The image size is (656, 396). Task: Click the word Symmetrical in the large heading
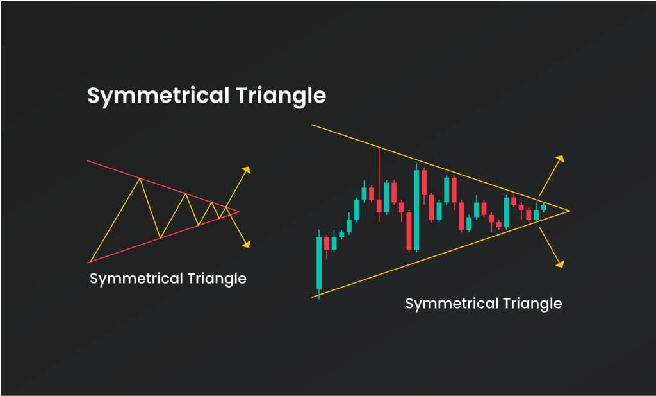[x=158, y=96]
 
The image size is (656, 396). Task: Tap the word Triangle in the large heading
[x=281, y=96]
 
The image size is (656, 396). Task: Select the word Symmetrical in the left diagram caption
[x=136, y=279]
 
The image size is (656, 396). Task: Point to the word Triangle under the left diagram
[x=217, y=279]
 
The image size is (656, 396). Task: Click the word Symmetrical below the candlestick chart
[x=452, y=304]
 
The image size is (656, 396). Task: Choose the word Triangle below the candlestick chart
[x=532, y=304]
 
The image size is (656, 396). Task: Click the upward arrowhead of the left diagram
[x=247, y=169]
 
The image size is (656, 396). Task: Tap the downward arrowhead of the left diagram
[x=247, y=244]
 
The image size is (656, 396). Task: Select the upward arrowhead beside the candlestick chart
[x=560, y=159]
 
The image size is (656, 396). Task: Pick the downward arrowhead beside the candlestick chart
[x=560, y=263]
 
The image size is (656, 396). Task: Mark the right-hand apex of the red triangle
[x=239, y=212]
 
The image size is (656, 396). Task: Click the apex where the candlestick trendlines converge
[x=570, y=211]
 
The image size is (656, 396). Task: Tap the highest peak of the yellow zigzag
[x=140, y=178]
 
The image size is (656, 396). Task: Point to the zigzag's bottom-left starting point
[x=89, y=263]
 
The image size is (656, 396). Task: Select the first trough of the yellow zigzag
[x=160, y=238]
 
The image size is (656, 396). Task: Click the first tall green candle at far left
[x=319, y=263]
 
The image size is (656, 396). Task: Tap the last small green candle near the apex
[x=543, y=207]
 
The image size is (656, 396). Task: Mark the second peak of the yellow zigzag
[x=185, y=194]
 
